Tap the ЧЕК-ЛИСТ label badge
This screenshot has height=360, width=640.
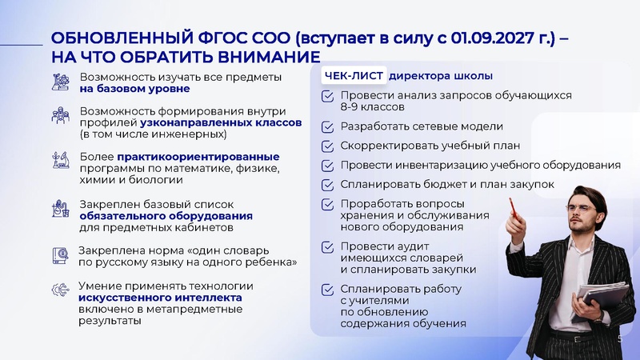(x=354, y=76)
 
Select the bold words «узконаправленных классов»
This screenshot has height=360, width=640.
(x=221, y=123)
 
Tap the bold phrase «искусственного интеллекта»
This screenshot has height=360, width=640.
(x=160, y=298)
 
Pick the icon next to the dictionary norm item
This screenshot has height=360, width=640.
(x=61, y=255)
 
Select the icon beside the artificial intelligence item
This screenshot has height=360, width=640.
(x=61, y=290)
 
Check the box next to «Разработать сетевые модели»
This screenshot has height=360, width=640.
(x=328, y=126)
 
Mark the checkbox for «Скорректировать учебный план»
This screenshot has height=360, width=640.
(x=328, y=146)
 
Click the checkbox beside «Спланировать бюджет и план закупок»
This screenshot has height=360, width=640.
(x=328, y=185)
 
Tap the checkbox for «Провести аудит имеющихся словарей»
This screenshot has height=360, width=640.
(x=328, y=247)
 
